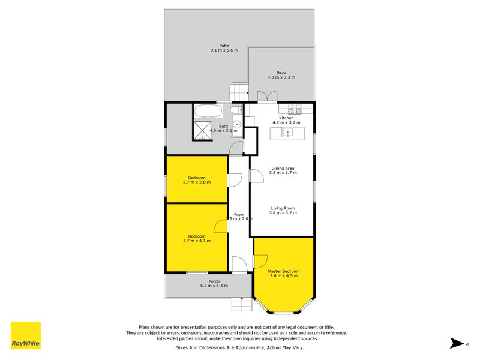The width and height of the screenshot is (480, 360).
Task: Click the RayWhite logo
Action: coord(26,336)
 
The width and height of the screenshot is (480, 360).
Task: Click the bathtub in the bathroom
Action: coord(208,111)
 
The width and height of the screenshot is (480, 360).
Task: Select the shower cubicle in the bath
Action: coord(202,130)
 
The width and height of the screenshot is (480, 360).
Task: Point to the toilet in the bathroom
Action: coord(237,109)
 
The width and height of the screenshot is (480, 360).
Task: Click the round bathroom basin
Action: coord(237,125)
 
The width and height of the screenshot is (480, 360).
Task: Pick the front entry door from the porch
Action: coord(238,264)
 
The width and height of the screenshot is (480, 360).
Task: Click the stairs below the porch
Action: coord(241,304)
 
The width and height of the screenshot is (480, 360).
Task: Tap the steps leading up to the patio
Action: coord(239,93)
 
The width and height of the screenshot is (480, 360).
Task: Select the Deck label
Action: coord(281,73)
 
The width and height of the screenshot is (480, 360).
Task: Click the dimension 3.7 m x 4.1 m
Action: coord(197,241)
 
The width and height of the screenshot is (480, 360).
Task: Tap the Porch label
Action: coord(214,281)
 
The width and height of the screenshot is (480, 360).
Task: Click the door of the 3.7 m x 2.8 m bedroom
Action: coord(235,179)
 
